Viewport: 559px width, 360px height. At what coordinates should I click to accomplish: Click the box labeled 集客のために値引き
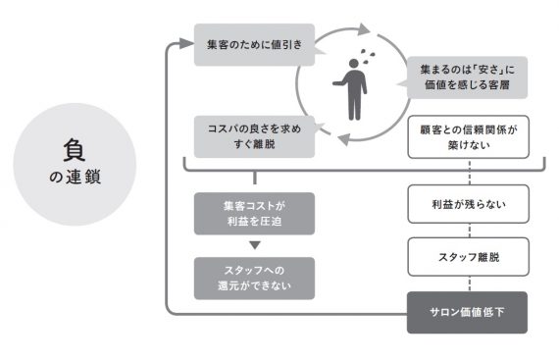pos(254,44)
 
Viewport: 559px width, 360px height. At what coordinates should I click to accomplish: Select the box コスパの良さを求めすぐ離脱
pos(254,134)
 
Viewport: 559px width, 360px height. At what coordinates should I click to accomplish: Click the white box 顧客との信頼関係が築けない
pos(466,137)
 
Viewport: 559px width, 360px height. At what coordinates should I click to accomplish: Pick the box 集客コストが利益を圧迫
pos(254,213)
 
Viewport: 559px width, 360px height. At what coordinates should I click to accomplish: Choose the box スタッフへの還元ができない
pos(254,278)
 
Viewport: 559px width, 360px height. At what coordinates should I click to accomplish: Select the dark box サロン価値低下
pos(466,312)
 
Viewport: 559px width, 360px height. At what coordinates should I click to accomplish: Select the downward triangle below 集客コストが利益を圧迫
pos(254,244)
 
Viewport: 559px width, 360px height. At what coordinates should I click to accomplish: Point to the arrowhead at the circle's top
pos(366,28)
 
